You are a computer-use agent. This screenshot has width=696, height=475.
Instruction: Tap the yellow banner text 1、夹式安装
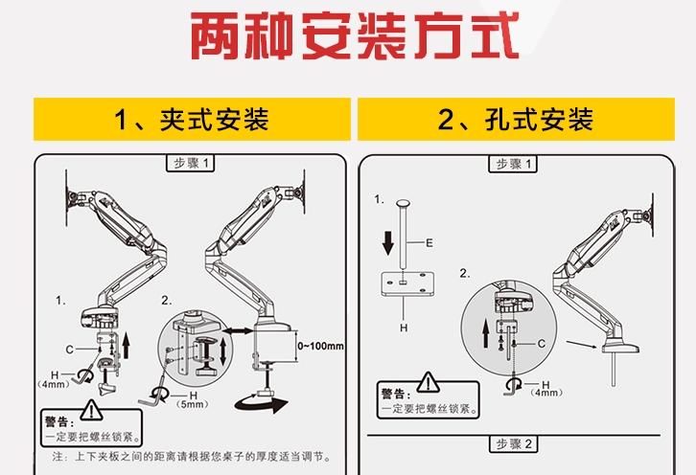(191, 120)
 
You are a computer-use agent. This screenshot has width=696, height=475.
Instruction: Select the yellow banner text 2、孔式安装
(516, 120)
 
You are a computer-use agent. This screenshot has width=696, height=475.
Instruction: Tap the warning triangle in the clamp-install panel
(89, 413)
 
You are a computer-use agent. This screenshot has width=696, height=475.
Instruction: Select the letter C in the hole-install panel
(543, 343)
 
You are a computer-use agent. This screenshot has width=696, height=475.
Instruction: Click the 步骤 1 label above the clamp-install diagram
(191, 164)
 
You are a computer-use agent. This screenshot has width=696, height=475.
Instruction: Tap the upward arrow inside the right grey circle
(484, 334)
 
